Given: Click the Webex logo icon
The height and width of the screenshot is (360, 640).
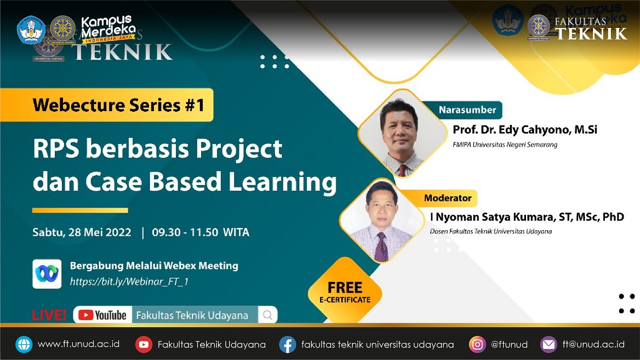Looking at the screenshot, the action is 47,274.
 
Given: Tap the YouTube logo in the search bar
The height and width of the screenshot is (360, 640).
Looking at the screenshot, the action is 102,315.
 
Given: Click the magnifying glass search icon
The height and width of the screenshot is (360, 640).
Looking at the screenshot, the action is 268,315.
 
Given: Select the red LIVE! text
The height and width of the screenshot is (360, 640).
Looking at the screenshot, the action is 49,315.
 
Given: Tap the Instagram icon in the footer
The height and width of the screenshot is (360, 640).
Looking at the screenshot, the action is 477,345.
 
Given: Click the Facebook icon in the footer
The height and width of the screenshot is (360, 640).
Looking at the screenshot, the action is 288,345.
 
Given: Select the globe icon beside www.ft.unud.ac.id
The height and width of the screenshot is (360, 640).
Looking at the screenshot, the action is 24,345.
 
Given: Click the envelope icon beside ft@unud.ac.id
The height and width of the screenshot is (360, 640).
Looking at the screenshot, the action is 548,345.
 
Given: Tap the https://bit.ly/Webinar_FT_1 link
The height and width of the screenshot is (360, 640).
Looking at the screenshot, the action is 129,282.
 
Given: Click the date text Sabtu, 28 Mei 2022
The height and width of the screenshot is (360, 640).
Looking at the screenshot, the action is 82,232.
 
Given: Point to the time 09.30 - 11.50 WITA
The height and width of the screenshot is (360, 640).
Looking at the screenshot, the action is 201,232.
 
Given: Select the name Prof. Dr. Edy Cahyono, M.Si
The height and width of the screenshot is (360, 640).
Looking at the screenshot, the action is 525,130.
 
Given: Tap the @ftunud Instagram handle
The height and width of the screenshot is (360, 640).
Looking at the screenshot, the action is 509,345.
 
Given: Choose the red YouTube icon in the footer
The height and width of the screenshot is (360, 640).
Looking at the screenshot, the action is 144,345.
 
